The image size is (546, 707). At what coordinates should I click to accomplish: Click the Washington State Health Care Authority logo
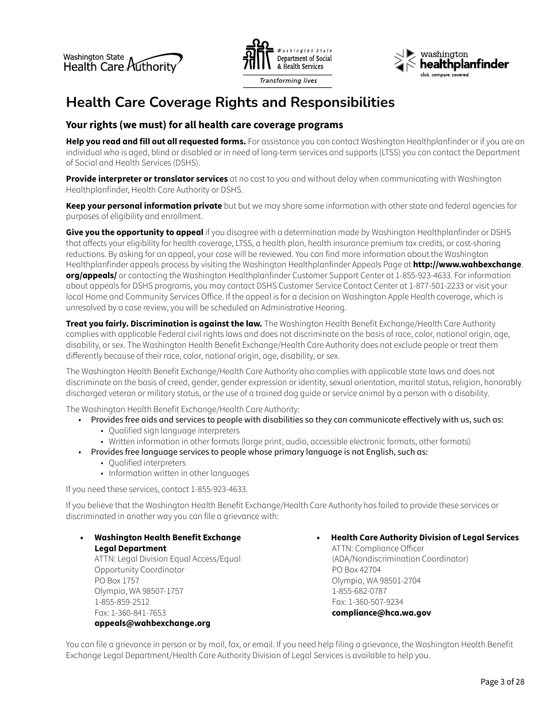point(122,63)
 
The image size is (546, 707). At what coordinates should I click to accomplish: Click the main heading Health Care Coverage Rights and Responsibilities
point(230,102)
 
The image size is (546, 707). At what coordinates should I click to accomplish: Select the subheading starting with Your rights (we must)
point(204,125)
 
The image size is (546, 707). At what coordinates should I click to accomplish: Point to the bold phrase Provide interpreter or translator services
point(147,179)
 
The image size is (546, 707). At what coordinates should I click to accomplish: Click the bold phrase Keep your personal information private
point(144,206)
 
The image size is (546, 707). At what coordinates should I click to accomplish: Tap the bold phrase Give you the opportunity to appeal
point(134,232)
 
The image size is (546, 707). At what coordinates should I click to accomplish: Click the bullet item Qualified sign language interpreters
point(174,431)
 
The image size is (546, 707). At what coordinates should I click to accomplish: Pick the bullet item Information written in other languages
point(179,473)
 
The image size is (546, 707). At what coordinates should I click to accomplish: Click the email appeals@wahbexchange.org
point(152,623)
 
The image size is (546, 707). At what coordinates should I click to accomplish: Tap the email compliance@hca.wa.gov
point(381,613)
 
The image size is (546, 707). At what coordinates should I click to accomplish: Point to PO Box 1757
point(117,581)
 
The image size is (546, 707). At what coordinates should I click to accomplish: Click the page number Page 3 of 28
point(502,682)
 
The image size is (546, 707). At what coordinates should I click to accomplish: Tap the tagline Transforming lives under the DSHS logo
point(288,80)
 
